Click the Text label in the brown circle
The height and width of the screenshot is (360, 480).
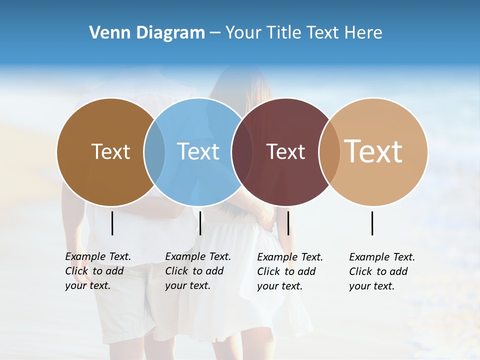click(110, 151)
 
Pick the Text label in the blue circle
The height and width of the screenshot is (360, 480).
click(198, 151)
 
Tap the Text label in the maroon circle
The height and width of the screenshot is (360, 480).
click(285, 151)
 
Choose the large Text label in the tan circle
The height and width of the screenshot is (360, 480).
click(373, 151)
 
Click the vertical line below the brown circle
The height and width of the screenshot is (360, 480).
click(112, 223)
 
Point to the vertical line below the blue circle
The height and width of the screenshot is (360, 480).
click(200, 223)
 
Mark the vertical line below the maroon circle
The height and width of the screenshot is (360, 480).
click(288, 223)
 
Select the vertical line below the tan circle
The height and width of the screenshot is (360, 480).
click(372, 223)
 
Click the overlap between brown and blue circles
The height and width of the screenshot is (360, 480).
click(154, 151)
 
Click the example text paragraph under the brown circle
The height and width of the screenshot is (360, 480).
click(98, 271)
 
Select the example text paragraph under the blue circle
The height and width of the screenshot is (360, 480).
click(198, 271)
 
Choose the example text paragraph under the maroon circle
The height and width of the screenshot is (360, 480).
click(290, 271)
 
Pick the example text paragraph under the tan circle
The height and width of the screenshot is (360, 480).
click(382, 271)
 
